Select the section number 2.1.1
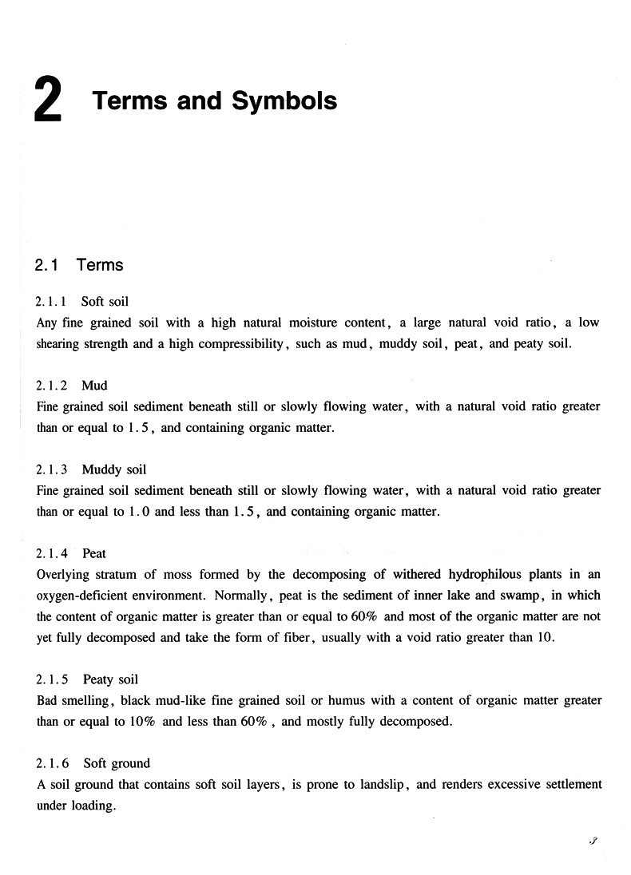pyautogui.click(x=52, y=302)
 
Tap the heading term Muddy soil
pyautogui.click(x=113, y=469)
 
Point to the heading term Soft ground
pyautogui.click(x=117, y=763)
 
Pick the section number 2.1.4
pyautogui.click(x=52, y=553)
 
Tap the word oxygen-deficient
pyautogui.click(x=84, y=596)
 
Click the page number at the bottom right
pyautogui.click(x=592, y=841)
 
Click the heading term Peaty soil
pyautogui.click(x=110, y=679)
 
